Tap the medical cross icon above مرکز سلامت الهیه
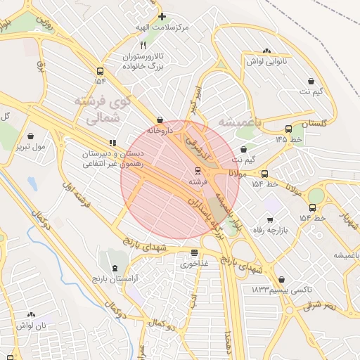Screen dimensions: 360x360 (x=162, y=16)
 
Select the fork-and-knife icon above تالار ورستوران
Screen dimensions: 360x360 (x=143, y=44)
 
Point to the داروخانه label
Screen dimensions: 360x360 (x=159, y=131)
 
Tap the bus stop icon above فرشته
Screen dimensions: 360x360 (x=198, y=171)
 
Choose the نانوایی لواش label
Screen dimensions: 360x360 (x=266, y=61)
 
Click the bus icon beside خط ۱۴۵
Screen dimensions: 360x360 (x=289, y=129)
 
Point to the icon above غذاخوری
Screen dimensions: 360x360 (x=194, y=253)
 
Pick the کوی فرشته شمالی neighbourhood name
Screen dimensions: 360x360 (x=102, y=110)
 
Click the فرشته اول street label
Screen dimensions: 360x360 (x=77, y=195)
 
